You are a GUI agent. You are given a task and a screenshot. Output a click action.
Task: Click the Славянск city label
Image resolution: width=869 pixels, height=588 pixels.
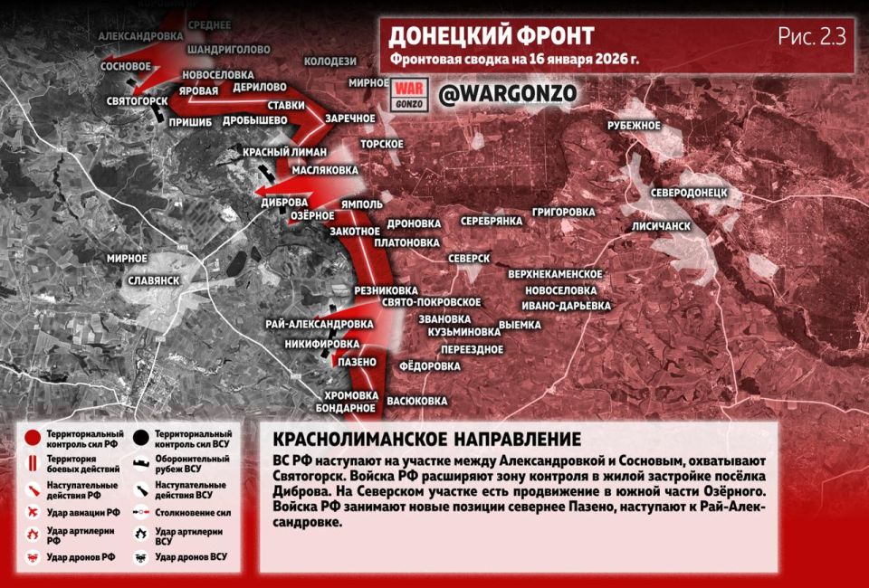(x=154, y=280)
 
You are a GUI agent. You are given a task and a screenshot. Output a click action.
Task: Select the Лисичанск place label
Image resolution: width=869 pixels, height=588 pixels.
(x=662, y=225)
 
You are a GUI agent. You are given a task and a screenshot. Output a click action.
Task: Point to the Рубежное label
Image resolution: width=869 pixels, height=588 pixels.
(x=634, y=125)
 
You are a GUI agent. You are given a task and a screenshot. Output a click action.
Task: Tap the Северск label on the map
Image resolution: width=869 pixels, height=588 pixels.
(x=469, y=259)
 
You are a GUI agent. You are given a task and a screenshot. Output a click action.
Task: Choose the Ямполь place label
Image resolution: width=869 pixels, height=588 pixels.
(x=362, y=204)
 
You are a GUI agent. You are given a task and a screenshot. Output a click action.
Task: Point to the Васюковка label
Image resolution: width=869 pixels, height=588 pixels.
(x=417, y=400)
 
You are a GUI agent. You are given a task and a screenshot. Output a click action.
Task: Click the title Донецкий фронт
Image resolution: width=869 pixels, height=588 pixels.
(x=492, y=36)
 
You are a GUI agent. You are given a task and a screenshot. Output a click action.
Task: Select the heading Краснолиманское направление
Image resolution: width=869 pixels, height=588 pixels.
(x=425, y=440)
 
